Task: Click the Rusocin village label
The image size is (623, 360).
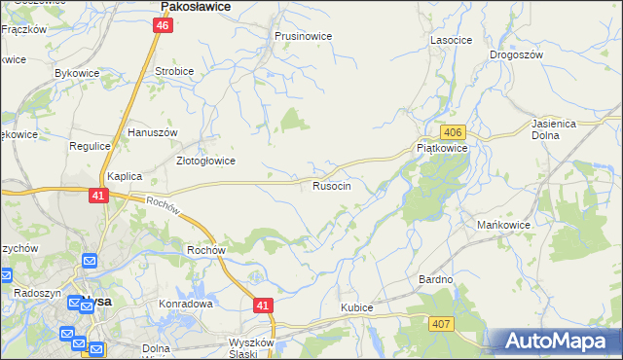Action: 339,185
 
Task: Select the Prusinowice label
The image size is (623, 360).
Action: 303,36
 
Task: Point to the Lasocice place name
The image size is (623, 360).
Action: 451,40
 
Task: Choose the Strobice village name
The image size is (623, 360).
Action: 174,71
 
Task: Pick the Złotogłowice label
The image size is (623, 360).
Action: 204,161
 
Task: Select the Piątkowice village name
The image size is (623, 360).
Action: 442,148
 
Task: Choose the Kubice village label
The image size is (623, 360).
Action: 357,307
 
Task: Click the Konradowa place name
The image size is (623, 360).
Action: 186,304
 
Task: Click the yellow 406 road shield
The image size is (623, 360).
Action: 452,131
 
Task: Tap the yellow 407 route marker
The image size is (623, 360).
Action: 442,323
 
